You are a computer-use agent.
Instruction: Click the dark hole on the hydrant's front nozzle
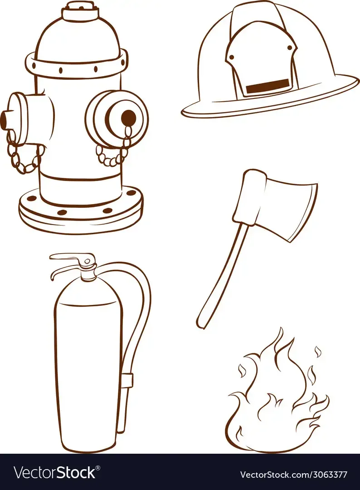[128, 117]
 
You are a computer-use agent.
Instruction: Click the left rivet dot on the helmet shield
[232, 57]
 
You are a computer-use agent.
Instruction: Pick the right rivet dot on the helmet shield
[290, 48]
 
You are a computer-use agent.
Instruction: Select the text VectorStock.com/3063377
[293, 475]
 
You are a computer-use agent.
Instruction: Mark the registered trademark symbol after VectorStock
[98, 468]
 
